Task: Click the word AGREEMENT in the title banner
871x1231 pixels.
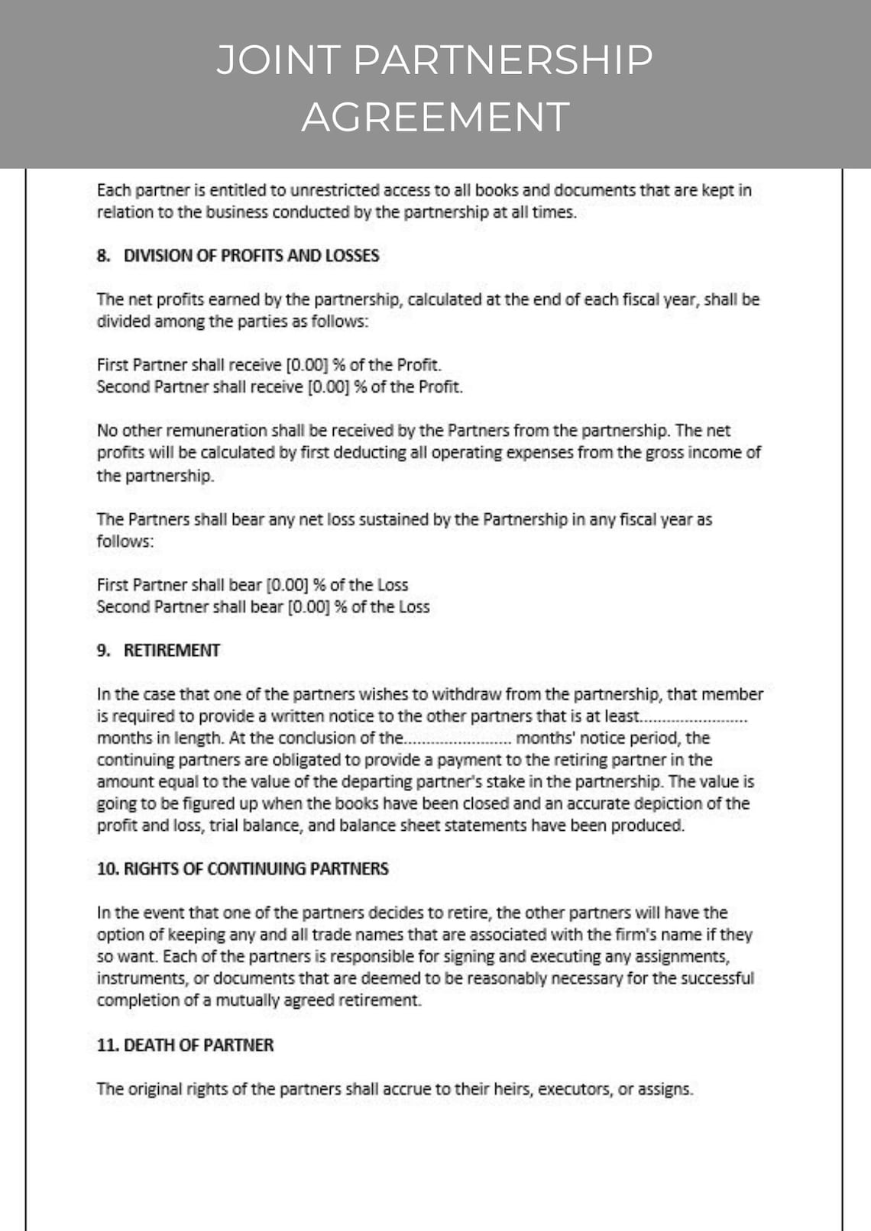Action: tap(435, 117)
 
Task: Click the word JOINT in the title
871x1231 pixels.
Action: tap(278, 60)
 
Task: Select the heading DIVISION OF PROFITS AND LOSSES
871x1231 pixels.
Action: tap(251, 256)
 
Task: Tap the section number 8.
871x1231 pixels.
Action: tap(103, 256)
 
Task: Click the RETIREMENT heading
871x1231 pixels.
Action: tap(172, 651)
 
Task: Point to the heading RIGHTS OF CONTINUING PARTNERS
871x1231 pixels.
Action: tap(256, 869)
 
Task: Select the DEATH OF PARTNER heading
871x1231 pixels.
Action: tap(199, 1045)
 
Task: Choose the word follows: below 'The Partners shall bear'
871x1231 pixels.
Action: tap(125, 541)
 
